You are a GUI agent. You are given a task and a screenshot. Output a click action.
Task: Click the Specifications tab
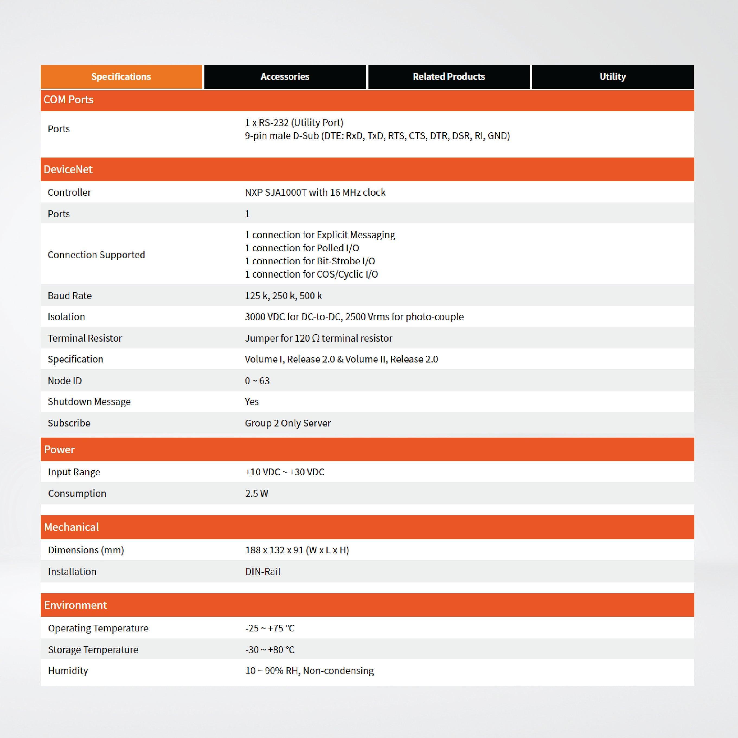(121, 77)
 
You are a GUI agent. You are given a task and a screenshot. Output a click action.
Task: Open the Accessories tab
(285, 77)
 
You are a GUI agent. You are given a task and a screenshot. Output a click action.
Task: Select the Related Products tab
(448, 77)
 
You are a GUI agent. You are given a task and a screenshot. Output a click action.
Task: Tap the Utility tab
(612, 77)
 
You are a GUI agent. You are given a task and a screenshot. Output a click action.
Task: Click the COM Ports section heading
(69, 100)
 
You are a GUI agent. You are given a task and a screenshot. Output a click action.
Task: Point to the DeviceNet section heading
(68, 170)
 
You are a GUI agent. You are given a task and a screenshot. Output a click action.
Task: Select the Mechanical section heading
(71, 527)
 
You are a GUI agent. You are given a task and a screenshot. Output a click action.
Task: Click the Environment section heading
(75, 605)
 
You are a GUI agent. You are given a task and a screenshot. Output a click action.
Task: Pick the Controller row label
(69, 192)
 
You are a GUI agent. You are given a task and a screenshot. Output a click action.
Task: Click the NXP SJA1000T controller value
(315, 192)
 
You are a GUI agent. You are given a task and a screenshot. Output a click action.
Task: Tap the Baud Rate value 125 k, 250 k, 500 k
(283, 296)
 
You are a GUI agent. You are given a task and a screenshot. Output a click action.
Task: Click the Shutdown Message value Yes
(252, 402)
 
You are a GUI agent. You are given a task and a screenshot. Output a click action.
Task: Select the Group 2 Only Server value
(288, 423)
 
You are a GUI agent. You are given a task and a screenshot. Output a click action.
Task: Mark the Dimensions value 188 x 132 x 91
(297, 550)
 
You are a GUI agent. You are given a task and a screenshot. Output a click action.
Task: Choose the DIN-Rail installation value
(263, 572)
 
